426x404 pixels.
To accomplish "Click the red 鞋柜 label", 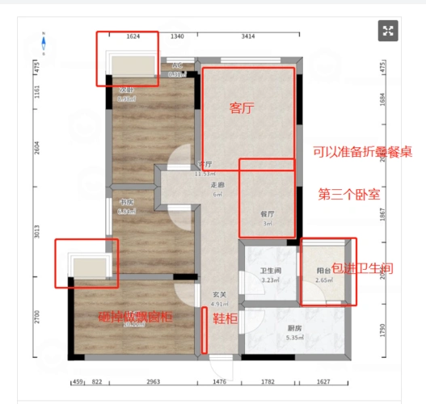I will click(x=225, y=318).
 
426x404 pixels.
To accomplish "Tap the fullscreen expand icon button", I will click(x=389, y=32).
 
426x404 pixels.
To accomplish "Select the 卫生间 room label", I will click(x=269, y=271).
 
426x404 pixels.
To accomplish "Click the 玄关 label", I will click(x=219, y=295).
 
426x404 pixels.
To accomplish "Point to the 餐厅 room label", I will click(x=268, y=214).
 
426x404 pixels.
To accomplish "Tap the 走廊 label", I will click(x=217, y=185).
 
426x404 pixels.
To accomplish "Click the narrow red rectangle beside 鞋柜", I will click(x=205, y=330).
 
